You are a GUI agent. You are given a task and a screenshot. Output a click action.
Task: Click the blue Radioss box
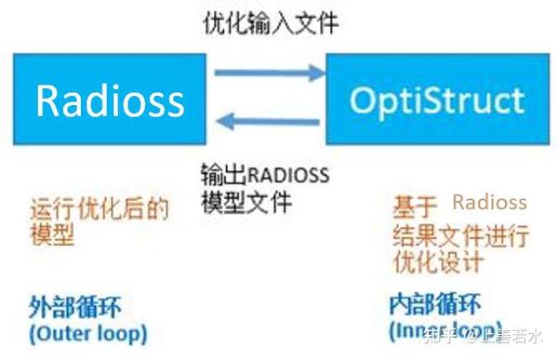tap(109, 99)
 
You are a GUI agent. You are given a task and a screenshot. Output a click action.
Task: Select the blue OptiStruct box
tap(436, 99)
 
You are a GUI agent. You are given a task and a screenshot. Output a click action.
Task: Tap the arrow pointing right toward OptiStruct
tap(265, 72)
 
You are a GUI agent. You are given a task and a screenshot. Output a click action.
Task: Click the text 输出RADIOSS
tap(265, 174)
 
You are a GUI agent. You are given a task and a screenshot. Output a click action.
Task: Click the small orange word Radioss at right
tap(489, 203)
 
